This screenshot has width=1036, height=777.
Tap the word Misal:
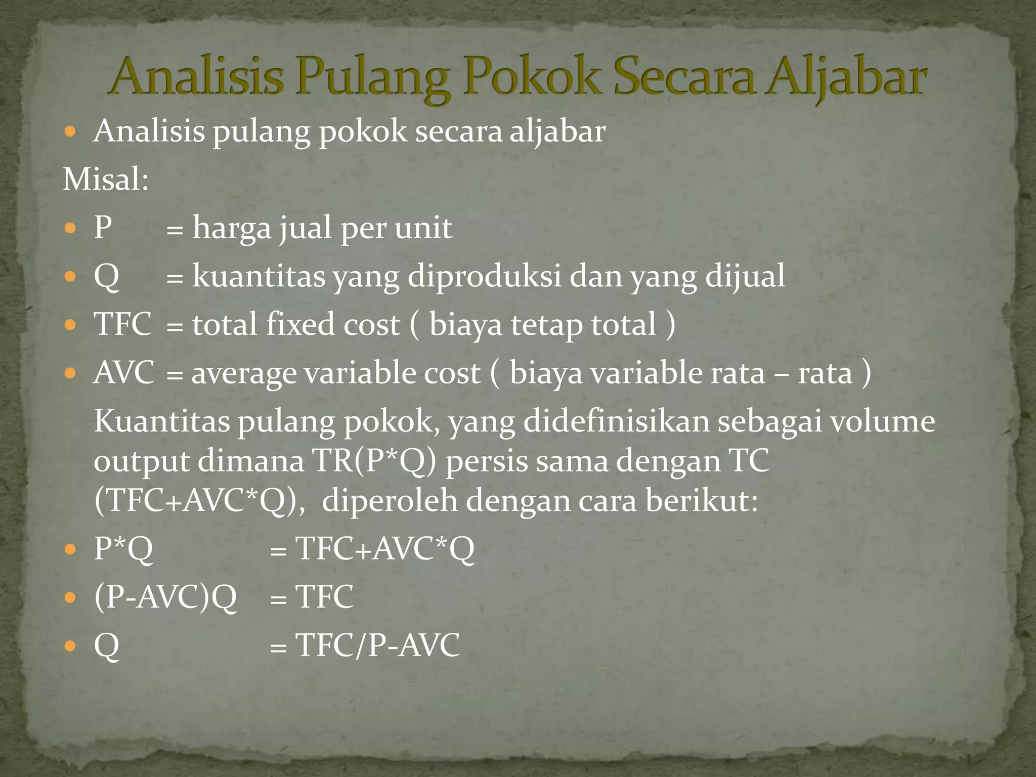(x=106, y=180)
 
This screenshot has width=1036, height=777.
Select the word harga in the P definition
(x=232, y=228)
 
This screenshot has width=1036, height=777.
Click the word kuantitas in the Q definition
(x=258, y=277)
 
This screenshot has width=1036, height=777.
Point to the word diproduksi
(x=484, y=277)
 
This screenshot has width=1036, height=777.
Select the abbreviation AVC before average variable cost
(x=124, y=373)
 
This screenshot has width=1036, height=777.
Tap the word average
(x=243, y=374)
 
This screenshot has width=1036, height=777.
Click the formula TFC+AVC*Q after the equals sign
(x=385, y=549)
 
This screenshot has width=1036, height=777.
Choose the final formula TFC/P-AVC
(x=377, y=646)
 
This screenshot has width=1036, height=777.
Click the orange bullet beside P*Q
(x=70, y=549)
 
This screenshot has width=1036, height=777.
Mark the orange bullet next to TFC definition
(x=70, y=324)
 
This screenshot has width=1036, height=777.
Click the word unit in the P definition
(x=423, y=228)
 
